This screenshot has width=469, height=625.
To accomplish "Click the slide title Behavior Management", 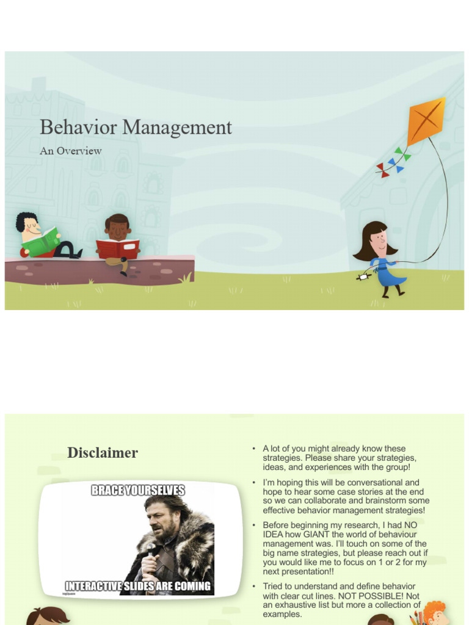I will [136, 128].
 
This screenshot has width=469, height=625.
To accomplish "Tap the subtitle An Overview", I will [70, 151].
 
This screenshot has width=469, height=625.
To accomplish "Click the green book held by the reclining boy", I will [42, 242].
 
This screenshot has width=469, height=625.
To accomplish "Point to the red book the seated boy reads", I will [117, 248].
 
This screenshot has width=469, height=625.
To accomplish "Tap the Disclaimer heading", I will [103, 453].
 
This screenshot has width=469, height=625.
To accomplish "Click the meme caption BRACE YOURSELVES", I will [138, 490].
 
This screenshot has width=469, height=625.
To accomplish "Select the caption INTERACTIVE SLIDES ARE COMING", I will [138, 587].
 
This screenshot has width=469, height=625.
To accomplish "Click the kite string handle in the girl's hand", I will [363, 276].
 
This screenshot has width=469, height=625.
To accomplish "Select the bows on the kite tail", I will [393, 162].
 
